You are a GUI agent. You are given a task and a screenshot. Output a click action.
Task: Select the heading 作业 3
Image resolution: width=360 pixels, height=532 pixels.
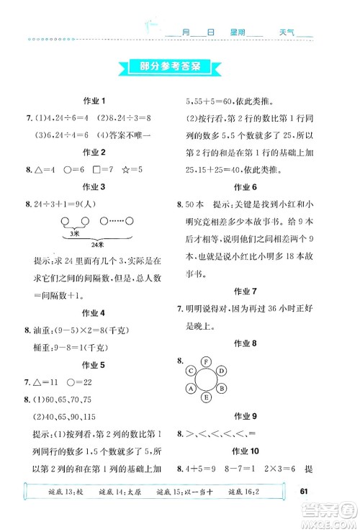coord(94,187)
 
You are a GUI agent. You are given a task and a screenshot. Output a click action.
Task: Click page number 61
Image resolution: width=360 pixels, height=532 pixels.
coord(303,492)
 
